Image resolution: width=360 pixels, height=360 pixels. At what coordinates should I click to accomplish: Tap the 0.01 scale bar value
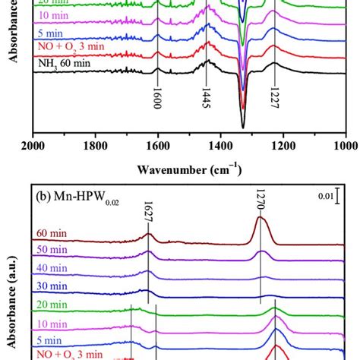point(325,197)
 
